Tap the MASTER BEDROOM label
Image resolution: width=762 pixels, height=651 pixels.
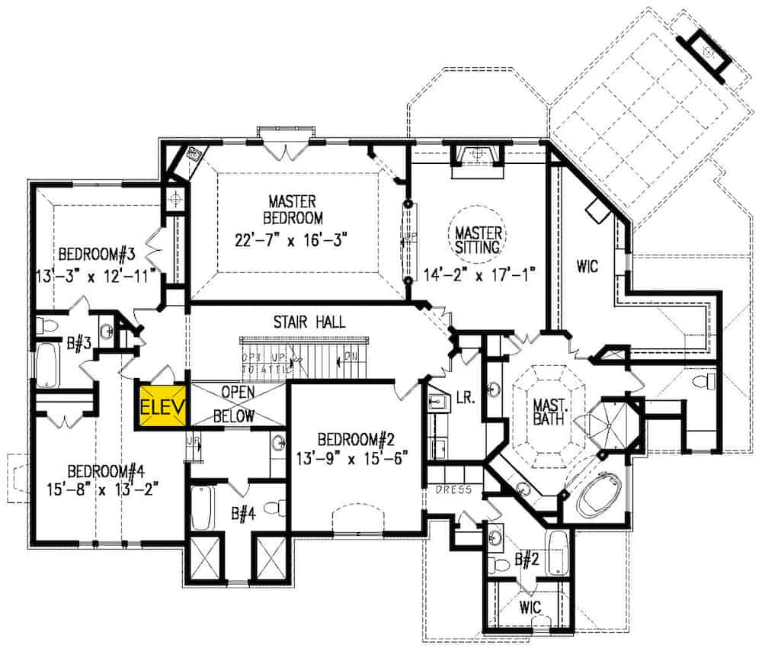coord(292,210)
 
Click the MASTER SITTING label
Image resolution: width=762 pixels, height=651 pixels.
coord(478,239)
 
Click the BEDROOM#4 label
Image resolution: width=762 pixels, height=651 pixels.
coord(104,469)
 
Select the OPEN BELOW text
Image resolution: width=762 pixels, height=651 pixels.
coord(237,404)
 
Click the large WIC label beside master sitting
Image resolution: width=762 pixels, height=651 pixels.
coord(587,267)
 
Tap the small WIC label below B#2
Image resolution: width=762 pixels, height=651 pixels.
coord(530,607)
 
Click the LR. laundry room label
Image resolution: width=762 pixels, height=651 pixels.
coord(464,399)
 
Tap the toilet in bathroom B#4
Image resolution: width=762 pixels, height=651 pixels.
coord(279,508)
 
